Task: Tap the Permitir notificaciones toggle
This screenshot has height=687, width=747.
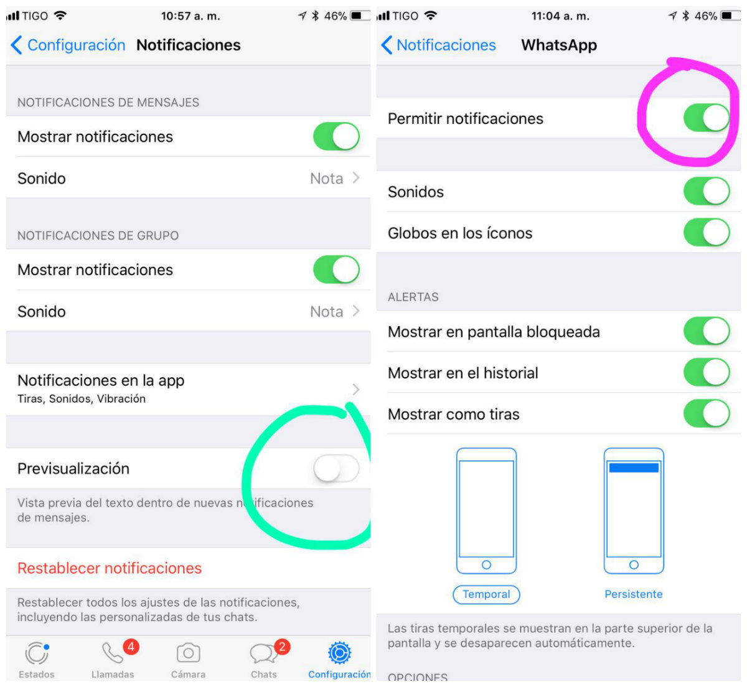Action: pos(706,118)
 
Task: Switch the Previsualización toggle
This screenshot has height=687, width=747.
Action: pos(336,468)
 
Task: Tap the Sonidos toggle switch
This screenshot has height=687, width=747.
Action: pos(706,191)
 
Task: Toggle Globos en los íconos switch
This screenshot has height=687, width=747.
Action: pos(706,232)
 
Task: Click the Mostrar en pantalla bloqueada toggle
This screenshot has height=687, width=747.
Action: pos(706,331)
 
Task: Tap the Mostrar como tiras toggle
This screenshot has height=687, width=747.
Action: pos(706,413)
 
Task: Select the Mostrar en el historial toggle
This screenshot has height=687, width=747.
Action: pos(706,372)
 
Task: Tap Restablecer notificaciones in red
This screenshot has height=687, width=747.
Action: pos(110,568)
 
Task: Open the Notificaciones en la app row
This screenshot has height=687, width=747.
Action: pos(188,389)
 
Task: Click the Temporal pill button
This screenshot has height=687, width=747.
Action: pos(486,594)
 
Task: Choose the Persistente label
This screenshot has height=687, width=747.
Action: pos(634,594)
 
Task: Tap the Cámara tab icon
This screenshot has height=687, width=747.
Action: pos(188,653)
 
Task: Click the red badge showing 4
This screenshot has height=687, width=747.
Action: pos(131,647)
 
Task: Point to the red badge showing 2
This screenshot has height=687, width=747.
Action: pos(282,647)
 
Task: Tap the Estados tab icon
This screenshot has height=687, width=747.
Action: pos(37,653)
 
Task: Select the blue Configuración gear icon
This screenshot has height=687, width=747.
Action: pos(339,653)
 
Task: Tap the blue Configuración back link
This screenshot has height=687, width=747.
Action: pos(68,45)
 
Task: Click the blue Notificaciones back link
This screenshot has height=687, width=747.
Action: pos(438,45)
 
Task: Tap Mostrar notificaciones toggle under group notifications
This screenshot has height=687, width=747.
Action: pos(336,269)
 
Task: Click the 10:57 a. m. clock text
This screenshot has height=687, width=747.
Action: pos(190,16)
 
